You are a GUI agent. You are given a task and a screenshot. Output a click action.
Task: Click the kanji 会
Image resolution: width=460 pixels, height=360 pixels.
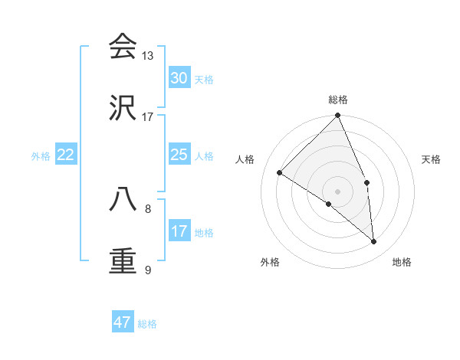[123, 47]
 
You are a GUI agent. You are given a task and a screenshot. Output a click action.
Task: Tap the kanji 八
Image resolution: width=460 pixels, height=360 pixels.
[123, 199]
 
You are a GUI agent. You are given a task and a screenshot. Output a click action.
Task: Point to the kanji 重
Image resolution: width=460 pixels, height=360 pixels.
[123, 260]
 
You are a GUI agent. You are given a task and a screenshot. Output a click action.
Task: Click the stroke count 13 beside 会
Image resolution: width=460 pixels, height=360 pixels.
[148, 56]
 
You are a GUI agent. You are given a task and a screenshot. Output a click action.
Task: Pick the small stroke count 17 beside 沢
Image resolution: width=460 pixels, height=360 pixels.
[148, 117]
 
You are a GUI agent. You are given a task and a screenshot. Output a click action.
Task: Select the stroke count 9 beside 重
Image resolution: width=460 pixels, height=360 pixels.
[148, 270]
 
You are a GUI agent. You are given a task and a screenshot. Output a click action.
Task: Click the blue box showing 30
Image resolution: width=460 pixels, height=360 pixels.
[179, 78]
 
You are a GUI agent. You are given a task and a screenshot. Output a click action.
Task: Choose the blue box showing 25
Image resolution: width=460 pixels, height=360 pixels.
[179, 155]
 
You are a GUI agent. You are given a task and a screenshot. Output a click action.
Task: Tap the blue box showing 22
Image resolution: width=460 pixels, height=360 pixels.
[66, 155]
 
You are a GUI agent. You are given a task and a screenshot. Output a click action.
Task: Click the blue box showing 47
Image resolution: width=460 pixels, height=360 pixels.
[123, 322]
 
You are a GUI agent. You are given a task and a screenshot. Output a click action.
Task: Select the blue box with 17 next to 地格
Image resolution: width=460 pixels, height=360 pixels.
[179, 231]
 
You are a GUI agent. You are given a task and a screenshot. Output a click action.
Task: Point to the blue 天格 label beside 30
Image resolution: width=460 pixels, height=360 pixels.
[204, 80]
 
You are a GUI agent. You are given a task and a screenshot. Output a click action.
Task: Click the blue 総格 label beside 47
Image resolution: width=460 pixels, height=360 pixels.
[147, 324]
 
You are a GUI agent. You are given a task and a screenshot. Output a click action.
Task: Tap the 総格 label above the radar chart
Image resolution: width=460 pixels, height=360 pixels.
[338, 100]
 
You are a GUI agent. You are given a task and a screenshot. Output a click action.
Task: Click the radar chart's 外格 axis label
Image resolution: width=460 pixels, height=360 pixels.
[270, 262]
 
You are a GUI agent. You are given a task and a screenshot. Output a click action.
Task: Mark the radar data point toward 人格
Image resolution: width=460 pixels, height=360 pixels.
[280, 173]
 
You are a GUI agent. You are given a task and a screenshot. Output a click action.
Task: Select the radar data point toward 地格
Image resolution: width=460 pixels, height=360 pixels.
[374, 241]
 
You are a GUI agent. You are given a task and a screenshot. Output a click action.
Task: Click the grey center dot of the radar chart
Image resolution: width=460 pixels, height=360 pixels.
[338, 191]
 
